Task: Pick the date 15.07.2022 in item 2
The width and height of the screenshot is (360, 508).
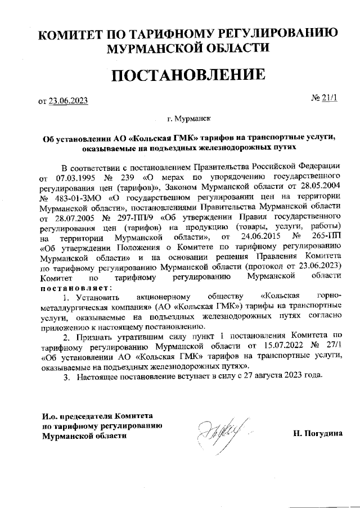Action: (266, 347)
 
